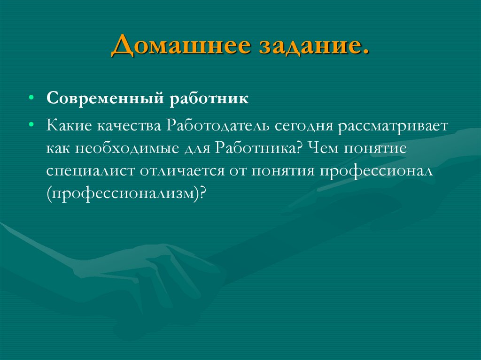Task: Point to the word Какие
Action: coord(69,126)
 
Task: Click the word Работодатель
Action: coord(217,126)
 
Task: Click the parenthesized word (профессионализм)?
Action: coord(126,193)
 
